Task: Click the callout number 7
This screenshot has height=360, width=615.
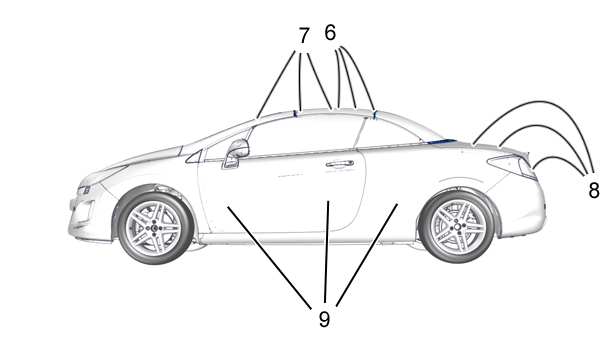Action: [304, 36]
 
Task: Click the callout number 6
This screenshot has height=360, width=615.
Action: [330, 33]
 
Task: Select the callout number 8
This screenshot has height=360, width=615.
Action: [594, 191]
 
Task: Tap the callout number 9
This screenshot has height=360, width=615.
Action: [324, 319]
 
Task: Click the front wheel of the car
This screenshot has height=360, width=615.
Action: [155, 228]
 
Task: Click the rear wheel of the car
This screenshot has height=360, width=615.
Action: [457, 227]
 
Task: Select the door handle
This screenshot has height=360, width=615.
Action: [340, 163]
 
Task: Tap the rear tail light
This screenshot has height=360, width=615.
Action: [511, 165]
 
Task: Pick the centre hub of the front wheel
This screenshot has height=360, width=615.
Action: [154, 228]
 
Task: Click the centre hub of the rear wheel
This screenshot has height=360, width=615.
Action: [457, 227]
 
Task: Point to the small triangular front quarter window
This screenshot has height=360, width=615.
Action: [195, 156]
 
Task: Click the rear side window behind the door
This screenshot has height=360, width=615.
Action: [386, 132]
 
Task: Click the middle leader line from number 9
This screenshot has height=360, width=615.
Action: [327, 251]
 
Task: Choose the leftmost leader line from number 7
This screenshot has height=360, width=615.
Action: [276, 84]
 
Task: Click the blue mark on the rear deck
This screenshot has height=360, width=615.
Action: [441, 141]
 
